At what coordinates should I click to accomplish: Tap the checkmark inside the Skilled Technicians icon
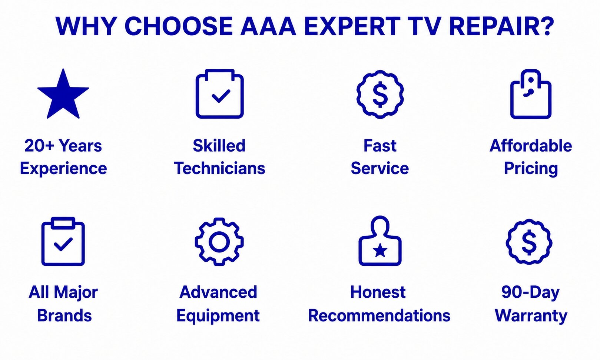tap(221, 96)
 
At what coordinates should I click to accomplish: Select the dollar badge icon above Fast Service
tap(380, 94)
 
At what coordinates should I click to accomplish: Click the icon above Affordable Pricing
tap(531, 94)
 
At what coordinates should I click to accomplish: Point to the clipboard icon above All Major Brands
tap(63, 241)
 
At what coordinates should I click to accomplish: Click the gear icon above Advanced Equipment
tap(219, 241)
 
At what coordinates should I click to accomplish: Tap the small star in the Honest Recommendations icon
tap(380, 251)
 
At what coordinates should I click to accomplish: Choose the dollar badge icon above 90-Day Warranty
tap(529, 242)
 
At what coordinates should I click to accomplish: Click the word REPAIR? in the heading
tap(501, 26)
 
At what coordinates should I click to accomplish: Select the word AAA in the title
tap(268, 26)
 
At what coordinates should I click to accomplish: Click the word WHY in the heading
tap(86, 26)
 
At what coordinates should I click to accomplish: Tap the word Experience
tap(63, 169)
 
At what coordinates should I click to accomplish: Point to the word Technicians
tap(220, 168)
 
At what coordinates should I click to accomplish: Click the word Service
tap(380, 168)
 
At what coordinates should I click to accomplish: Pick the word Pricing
tap(531, 169)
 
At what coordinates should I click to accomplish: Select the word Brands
tap(64, 315)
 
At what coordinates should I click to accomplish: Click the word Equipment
tap(218, 316)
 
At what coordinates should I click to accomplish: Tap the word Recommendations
tap(379, 315)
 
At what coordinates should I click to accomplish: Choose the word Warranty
tap(531, 316)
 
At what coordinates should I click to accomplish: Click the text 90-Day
tap(530, 293)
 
